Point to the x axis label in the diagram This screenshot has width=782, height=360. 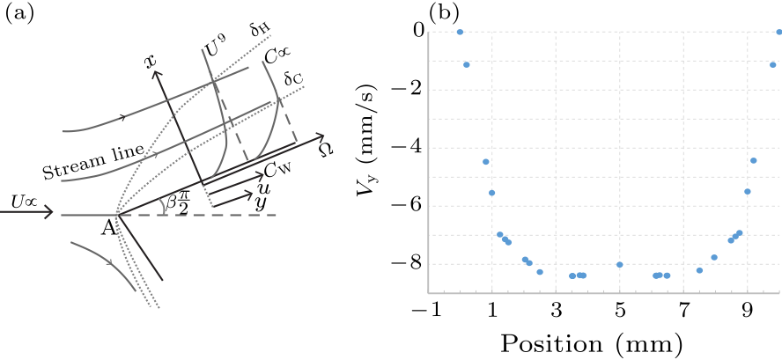coord(151,61)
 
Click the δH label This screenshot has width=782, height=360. coord(259,30)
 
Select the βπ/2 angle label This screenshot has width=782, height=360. coord(173,203)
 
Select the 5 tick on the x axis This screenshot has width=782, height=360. coord(620,309)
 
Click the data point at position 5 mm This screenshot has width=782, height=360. coord(620,265)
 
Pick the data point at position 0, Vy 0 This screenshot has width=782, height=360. coord(460,32)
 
